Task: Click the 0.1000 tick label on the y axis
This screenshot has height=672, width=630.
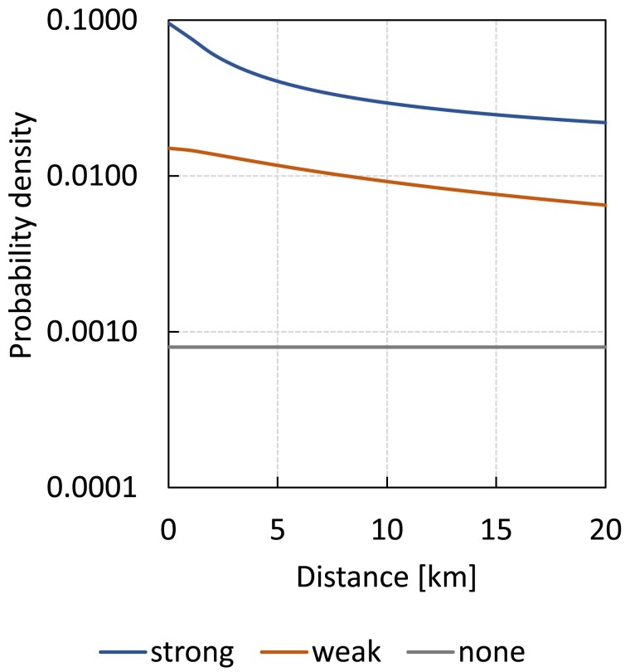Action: (x=92, y=20)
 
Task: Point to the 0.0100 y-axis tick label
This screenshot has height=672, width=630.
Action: (x=92, y=176)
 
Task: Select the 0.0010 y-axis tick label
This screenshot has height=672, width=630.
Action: (x=92, y=331)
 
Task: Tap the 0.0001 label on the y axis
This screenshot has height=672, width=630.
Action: (x=92, y=487)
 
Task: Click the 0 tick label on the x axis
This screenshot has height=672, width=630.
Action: (x=168, y=529)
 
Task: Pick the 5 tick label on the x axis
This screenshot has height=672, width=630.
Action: (x=278, y=529)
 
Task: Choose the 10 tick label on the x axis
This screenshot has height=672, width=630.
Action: (x=387, y=529)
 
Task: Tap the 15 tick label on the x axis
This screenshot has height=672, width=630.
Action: (x=496, y=529)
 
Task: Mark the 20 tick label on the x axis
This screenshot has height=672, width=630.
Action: (x=605, y=529)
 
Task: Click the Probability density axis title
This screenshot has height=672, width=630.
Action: (x=22, y=235)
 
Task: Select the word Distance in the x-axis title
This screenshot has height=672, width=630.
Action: (x=352, y=577)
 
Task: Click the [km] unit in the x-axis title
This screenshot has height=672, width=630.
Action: (x=448, y=577)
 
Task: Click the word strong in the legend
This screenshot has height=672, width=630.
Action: (x=192, y=653)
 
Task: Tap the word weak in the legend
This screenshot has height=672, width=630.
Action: (x=346, y=652)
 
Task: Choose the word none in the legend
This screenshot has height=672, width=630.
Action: (x=492, y=653)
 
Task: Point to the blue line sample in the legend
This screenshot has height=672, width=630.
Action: (x=123, y=652)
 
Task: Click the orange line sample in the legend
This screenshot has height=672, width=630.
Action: (x=284, y=652)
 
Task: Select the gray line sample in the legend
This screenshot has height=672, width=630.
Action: (x=430, y=652)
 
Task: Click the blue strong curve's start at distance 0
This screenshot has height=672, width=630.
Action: (x=169, y=22)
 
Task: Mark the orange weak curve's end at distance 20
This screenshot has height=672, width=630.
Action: (x=606, y=205)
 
